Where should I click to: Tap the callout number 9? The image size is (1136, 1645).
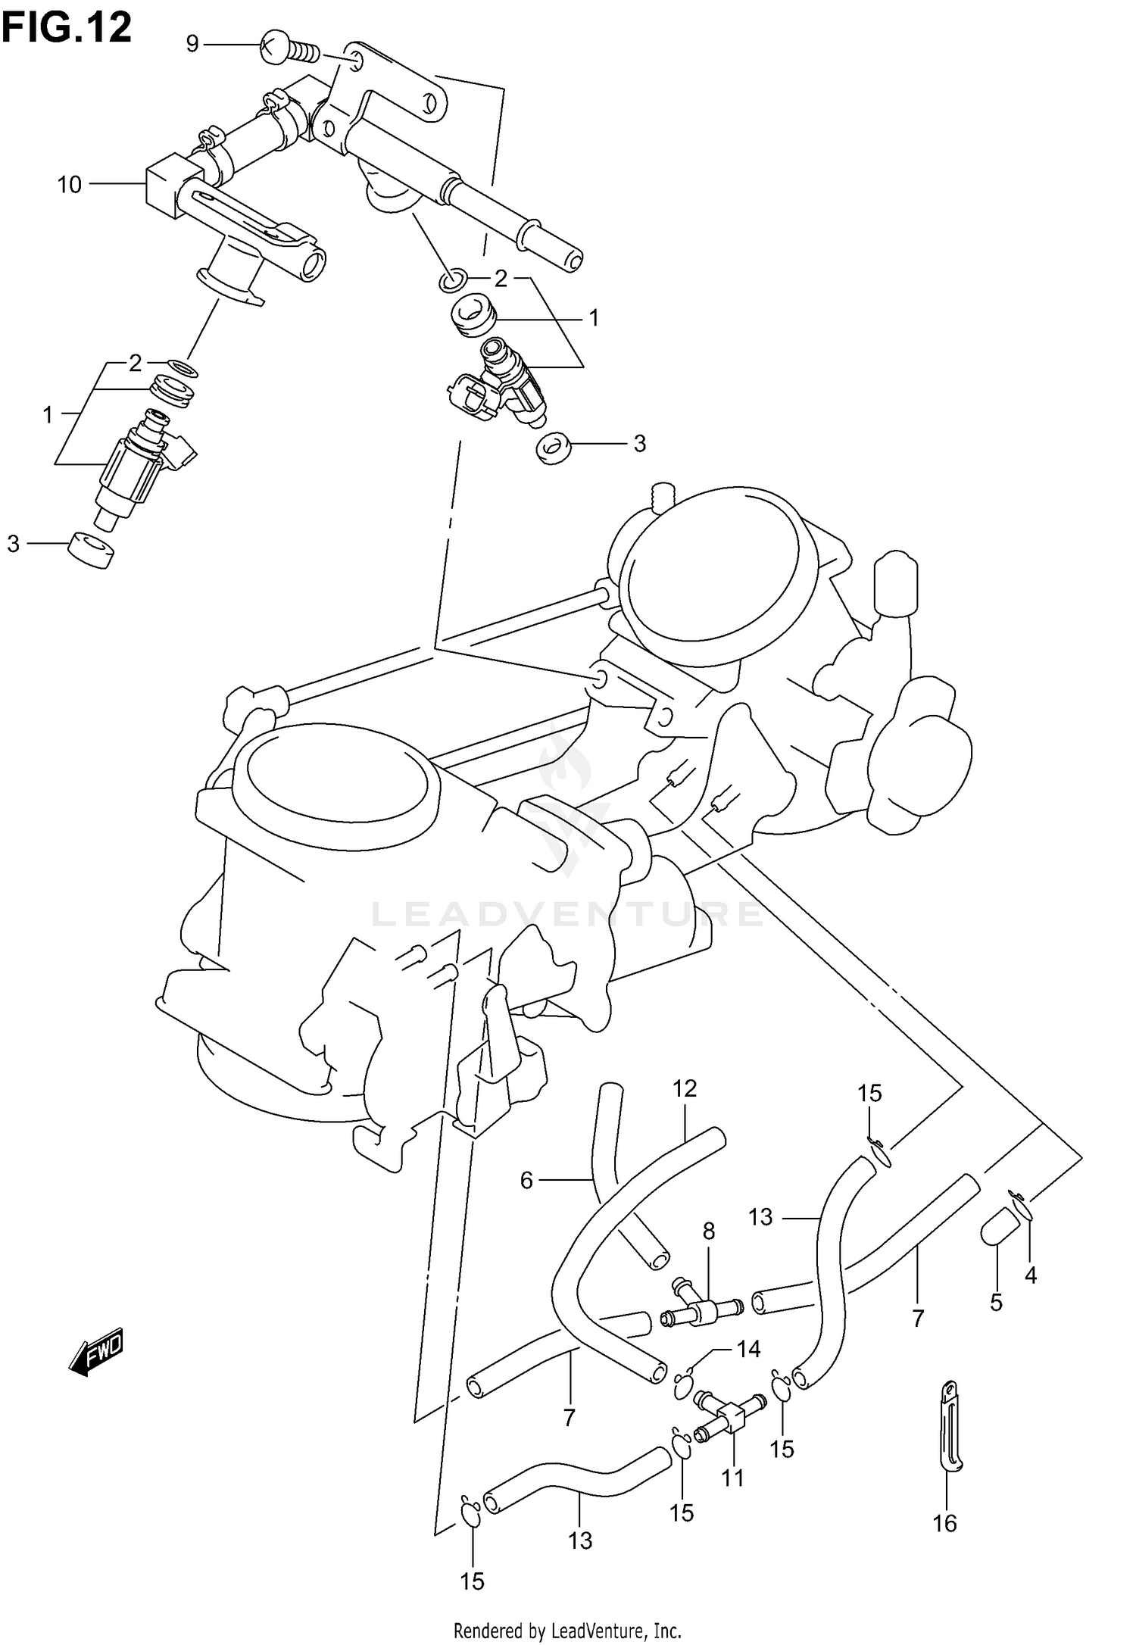point(192,45)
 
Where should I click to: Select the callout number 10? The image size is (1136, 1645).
point(70,184)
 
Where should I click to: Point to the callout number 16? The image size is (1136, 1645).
point(944,1523)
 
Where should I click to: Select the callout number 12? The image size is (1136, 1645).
point(684,1088)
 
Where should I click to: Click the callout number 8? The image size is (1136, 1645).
point(708,1231)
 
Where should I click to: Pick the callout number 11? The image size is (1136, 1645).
point(732,1478)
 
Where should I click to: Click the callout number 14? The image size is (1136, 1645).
point(748,1349)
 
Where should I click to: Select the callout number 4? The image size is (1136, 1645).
point(1030,1276)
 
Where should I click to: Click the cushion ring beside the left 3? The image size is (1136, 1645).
point(91,550)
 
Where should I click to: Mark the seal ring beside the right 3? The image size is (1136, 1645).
point(554,448)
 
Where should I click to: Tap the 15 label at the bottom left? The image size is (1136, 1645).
point(472,1581)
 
